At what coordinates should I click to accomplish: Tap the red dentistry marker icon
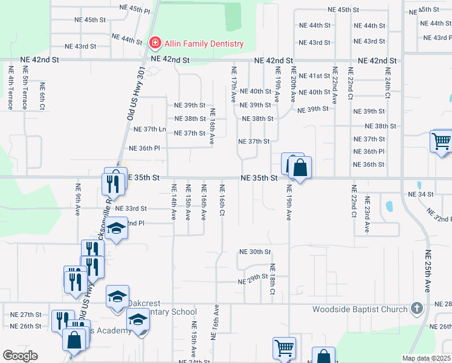click(155, 43)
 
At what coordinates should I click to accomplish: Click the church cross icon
click(416, 309)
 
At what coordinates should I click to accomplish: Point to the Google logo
click(20, 355)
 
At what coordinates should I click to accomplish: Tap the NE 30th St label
click(255, 252)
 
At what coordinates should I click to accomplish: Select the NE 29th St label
click(253, 281)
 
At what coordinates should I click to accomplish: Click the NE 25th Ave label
click(427, 271)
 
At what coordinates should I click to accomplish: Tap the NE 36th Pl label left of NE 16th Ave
click(144, 148)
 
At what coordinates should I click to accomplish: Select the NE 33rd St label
click(131, 208)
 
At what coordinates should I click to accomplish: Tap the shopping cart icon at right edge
click(442, 142)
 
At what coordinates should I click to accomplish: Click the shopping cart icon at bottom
click(284, 348)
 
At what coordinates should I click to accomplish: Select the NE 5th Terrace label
click(11, 87)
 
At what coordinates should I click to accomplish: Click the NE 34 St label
click(421, 194)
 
